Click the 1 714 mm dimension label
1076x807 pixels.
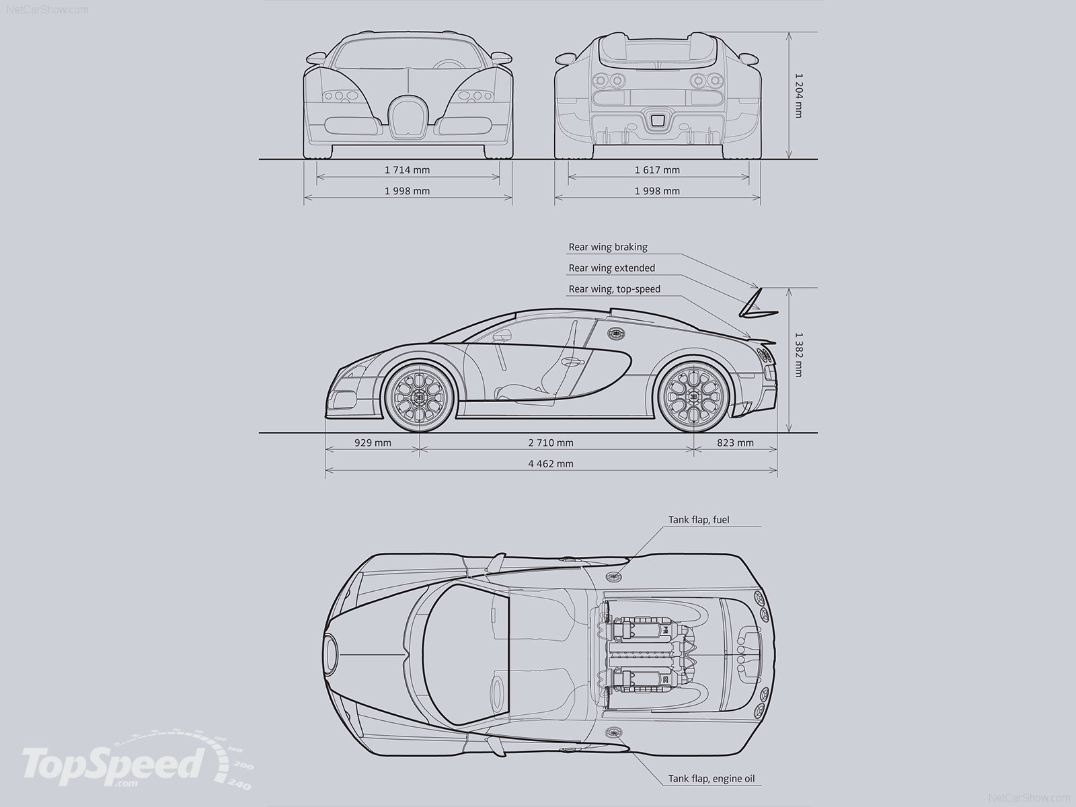(407, 169)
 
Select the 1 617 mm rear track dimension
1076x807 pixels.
(657, 170)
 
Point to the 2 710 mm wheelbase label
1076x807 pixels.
(551, 443)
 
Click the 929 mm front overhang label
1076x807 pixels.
(373, 443)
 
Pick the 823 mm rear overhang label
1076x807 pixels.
(735, 443)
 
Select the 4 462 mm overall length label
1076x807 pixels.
(551, 463)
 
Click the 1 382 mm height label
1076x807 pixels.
(798, 354)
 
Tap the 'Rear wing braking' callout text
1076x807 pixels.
(608, 247)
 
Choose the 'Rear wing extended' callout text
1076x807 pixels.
(611, 268)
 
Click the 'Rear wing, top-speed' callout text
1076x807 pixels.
(615, 289)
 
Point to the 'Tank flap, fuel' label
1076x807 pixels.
(699, 519)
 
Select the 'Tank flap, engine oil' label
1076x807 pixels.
(712, 779)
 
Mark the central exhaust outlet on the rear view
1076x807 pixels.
(657, 120)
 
